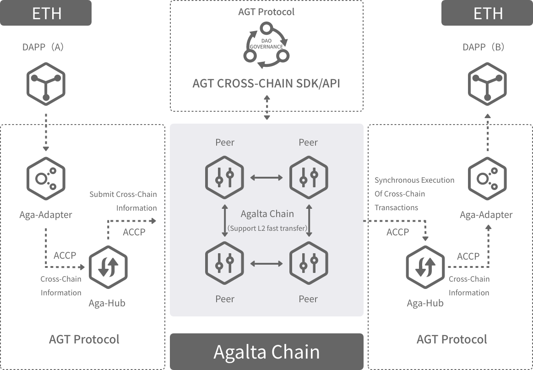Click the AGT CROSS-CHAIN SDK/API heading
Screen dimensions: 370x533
click(266, 83)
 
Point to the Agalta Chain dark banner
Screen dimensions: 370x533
click(266, 352)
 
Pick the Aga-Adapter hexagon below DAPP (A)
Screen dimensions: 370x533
click(46, 179)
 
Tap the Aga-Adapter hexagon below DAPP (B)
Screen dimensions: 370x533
click(487, 179)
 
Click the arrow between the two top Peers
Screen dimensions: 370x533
click(266, 177)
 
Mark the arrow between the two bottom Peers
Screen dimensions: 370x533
click(266, 263)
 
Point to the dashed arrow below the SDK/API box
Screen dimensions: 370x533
click(266, 109)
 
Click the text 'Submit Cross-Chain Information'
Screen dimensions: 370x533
click(123, 201)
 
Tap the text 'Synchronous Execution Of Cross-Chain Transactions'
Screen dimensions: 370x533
click(414, 194)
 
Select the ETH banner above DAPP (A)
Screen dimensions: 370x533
click(46, 13)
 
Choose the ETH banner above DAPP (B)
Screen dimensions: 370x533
click(487, 13)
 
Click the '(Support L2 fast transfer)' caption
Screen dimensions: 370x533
click(267, 228)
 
